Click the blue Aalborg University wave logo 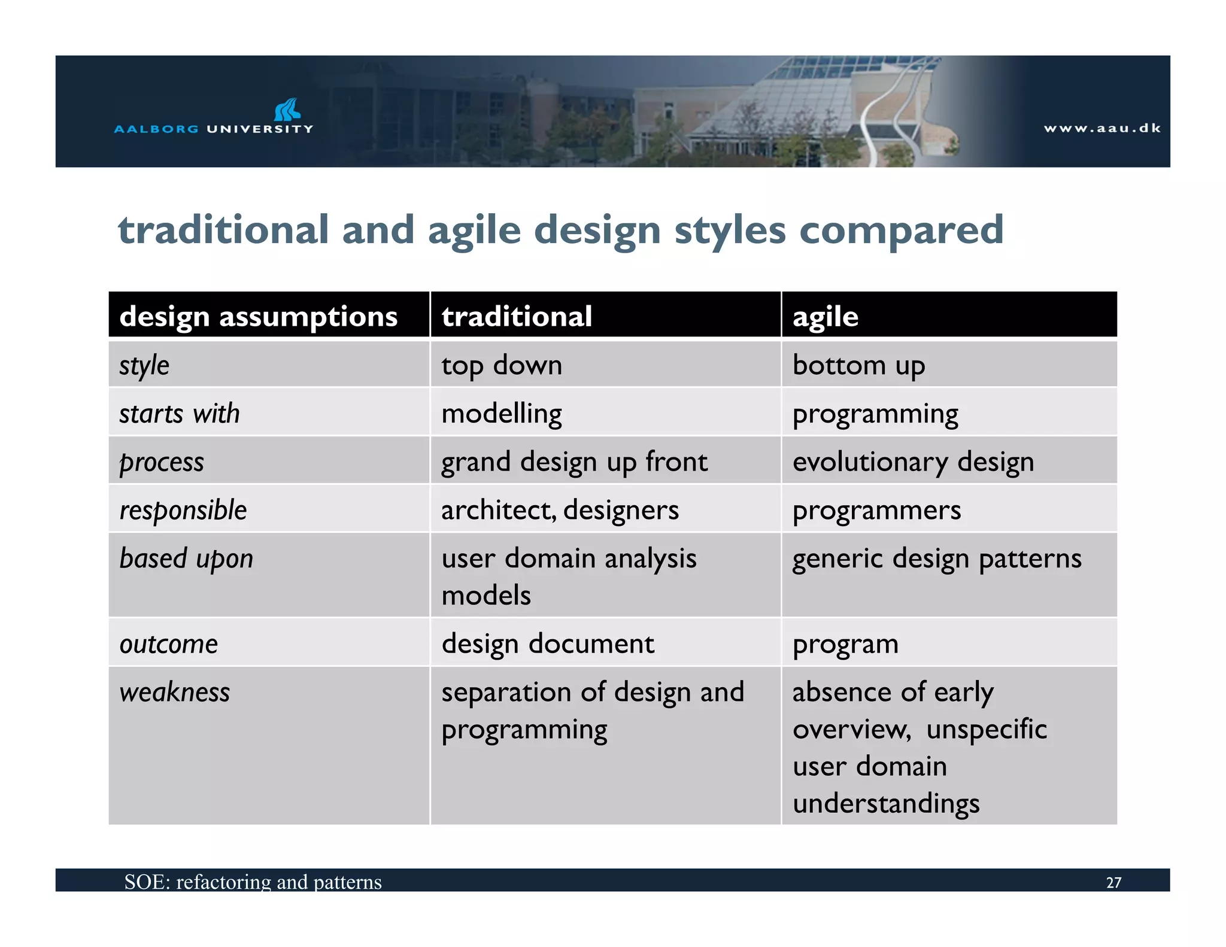(x=287, y=110)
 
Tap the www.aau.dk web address (x=1102, y=128)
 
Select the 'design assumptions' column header (x=258, y=316)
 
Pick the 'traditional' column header (x=516, y=316)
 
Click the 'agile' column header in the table (x=825, y=316)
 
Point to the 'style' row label (x=144, y=365)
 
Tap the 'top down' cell (x=502, y=365)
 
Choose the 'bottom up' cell (x=858, y=365)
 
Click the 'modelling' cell (x=502, y=414)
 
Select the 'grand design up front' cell (x=574, y=462)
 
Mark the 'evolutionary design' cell (x=913, y=462)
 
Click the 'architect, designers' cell (x=560, y=510)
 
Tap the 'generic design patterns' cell (x=937, y=559)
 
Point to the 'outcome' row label (x=169, y=644)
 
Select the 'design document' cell (x=548, y=644)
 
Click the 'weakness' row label (x=175, y=693)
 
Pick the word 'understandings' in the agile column (x=886, y=803)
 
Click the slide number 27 (x=1113, y=882)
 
